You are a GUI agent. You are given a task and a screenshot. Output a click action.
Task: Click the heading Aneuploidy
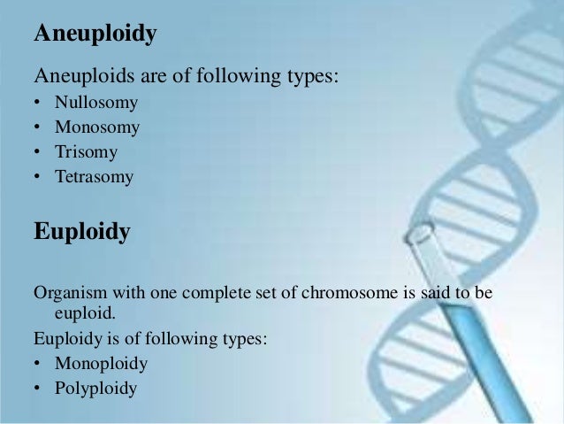pyautogui.click(x=95, y=35)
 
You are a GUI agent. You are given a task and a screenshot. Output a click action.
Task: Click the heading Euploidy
pyautogui.click(x=81, y=232)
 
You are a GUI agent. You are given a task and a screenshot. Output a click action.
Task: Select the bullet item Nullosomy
pyautogui.click(x=96, y=103)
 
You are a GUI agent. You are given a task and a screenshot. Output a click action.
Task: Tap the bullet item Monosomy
pyautogui.click(x=97, y=127)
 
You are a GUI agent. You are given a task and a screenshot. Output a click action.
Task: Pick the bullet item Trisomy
pyautogui.click(x=86, y=152)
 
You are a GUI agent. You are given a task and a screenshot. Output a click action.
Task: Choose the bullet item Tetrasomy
pyautogui.click(x=94, y=177)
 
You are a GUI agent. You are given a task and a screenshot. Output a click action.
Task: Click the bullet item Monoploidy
pyautogui.click(x=101, y=363)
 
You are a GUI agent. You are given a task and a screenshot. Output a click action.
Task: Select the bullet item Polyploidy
pyautogui.click(x=95, y=388)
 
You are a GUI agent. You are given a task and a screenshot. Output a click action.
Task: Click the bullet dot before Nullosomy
pyautogui.click(x=38, y=104)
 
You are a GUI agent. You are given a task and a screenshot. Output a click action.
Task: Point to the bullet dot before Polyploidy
pyautogui.click(x=38, y=389)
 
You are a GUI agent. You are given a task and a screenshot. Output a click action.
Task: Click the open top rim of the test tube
pyautogui.click(x=419, y=232)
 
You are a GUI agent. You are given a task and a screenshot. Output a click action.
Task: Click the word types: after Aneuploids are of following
pyautogui.click(x=309, y=77)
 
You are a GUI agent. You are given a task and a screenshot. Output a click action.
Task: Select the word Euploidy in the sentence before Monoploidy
pyautogui.click(x=68, y=338)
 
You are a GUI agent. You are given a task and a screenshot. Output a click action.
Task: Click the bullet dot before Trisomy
pyautogui.click(x=38, y=153)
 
